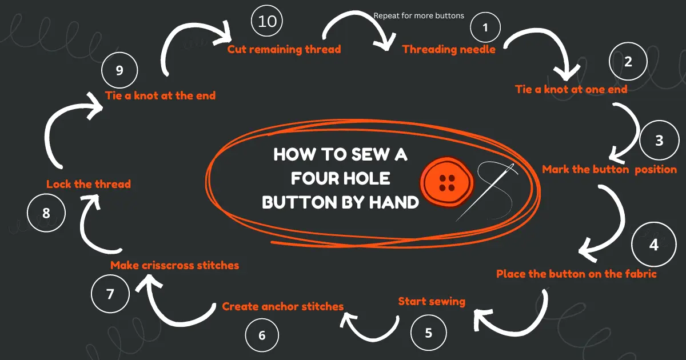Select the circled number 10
[x=267, y=21]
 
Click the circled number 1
[x=485, y=27]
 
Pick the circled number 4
[x=653, y=245]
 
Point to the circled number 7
[x=110, y=294]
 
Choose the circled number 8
[x=46, y=213]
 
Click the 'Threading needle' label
[x=449, y=49]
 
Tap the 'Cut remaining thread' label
[x=284, y=49]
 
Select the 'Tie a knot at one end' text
[x=571, y=89]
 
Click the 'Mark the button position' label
[x=609, y=169]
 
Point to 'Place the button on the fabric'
[x=576, y=274]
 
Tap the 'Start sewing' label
[x=432, y=301]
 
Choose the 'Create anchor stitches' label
[x=283, y=306]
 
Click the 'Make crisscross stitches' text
[x=174, y=265]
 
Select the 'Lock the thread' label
[x=89, y=184]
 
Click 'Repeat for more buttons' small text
[x=418, y=15]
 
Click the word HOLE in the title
[x=364, y=178]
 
